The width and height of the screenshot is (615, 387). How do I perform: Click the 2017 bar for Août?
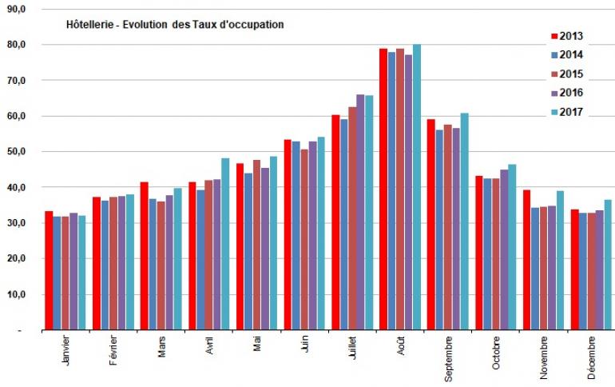[417, 187]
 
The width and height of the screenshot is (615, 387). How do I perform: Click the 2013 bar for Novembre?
[527, 260]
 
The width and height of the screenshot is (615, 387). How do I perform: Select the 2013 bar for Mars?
[145, 256]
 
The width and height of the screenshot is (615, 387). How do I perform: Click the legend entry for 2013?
[565, 35]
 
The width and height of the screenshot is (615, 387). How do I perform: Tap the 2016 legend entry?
[565, 93]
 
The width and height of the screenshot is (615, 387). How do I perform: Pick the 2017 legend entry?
[565, 112]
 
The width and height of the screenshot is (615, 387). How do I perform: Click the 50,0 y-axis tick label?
[16, 151]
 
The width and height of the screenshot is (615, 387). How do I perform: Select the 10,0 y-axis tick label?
[16, 294]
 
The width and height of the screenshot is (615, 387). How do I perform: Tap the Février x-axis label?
[114, 353]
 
